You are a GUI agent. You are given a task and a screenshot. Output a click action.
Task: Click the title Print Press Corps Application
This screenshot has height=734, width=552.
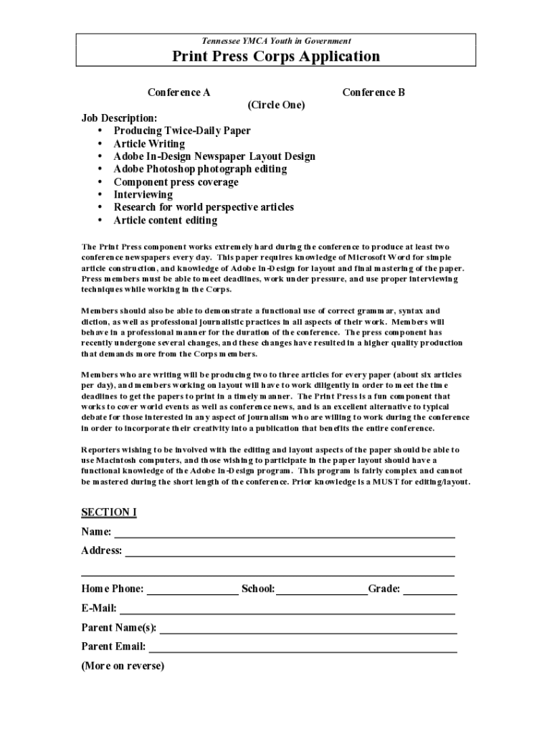point(275,57)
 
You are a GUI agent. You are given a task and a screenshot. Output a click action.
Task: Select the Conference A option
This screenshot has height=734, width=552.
point(179,92)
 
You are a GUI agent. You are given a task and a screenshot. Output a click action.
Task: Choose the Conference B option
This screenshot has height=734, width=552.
point(373,92)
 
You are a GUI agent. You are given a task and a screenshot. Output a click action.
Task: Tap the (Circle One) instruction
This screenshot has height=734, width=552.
point(276,105)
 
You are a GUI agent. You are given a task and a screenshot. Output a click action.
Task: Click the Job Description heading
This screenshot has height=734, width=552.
point(119,118)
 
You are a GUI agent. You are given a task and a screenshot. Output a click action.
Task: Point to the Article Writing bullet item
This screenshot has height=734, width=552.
point(149,144)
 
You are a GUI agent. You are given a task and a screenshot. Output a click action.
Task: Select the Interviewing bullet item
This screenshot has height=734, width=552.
point(143,195)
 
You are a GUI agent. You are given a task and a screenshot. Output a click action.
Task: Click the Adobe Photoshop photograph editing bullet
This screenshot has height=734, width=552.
point(200,169)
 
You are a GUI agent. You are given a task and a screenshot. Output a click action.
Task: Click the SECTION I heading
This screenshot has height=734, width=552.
point(109,513)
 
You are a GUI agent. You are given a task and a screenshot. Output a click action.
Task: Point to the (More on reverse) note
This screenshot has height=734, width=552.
point(123,666)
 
